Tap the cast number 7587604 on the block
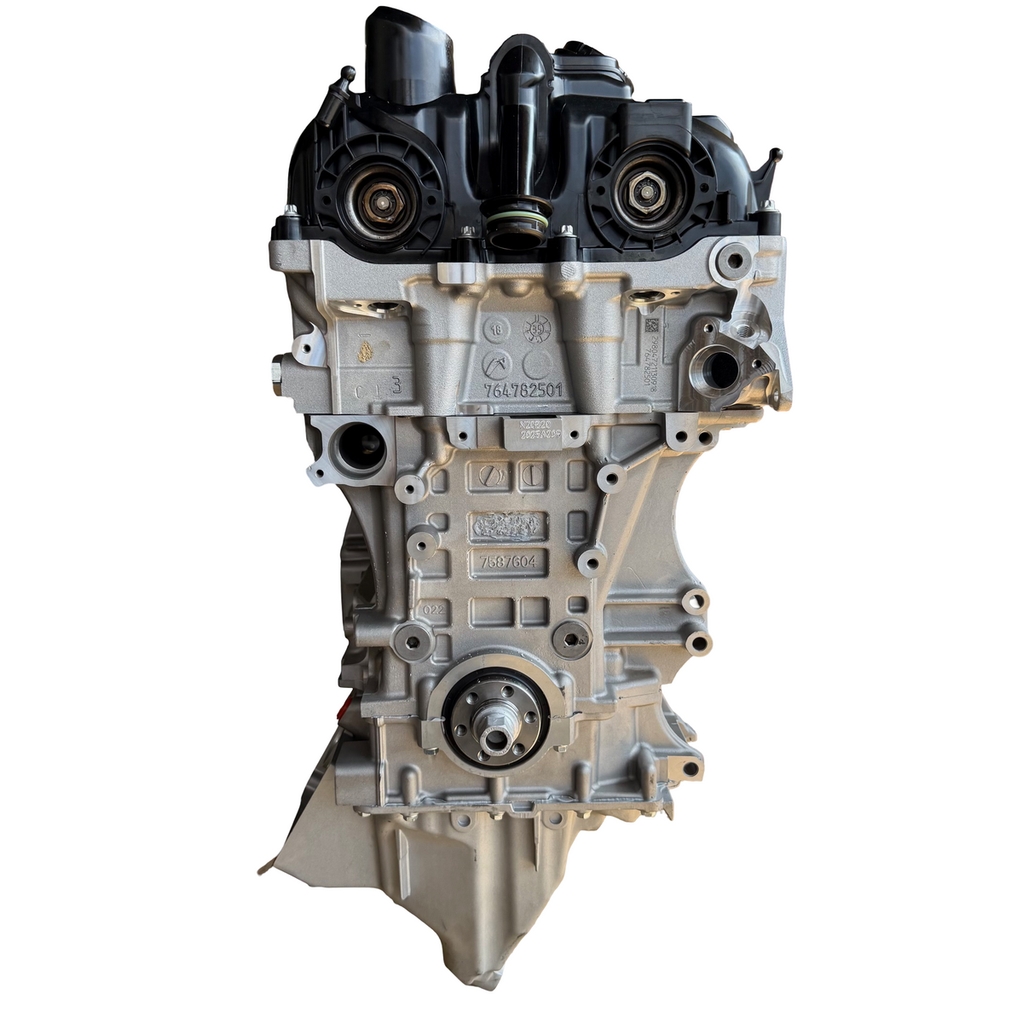pyautogui.click(x=508, y=563)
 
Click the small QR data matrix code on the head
pyautogui.click(x=650, y=326)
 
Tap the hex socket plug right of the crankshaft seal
pyautogui.click(x=570, y=635)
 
